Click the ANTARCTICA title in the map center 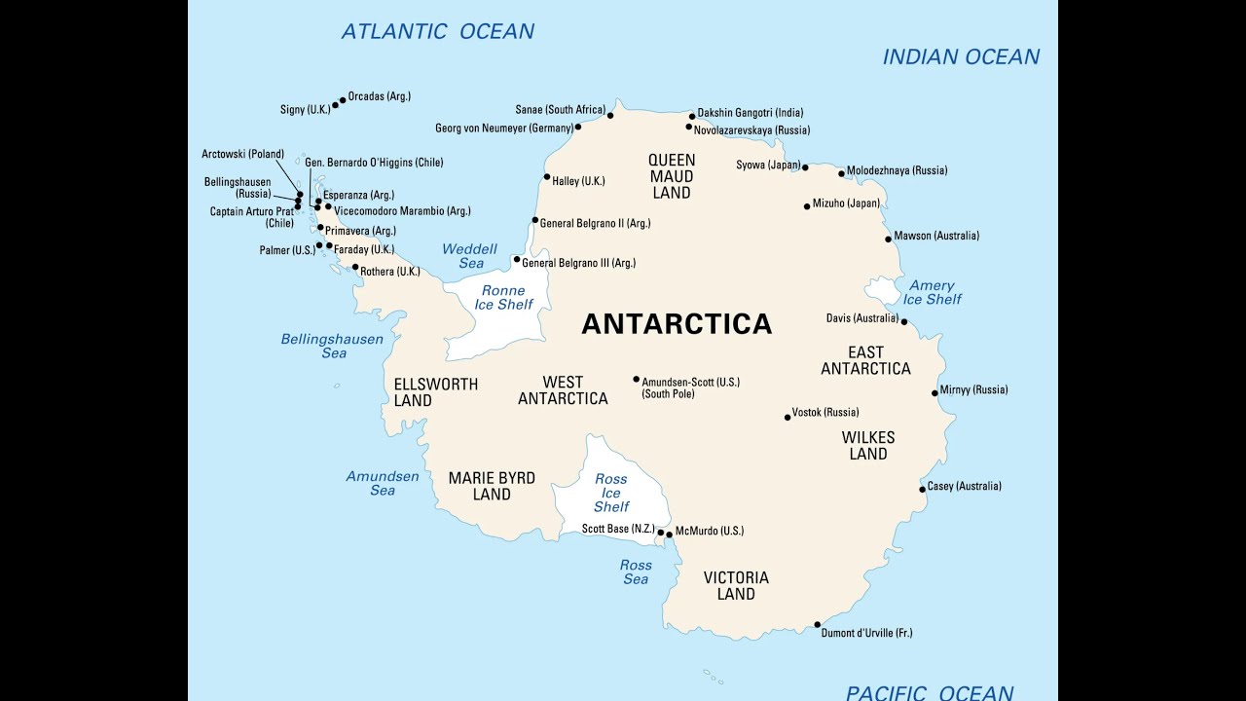[677, 324]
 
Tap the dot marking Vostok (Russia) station [788, 417]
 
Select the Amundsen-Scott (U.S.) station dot [637, 380]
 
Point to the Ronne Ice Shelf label [502, 298]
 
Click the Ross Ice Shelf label [611, 493]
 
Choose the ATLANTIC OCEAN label [437, 31]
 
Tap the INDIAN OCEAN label [961, 56]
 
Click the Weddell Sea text [469, 256]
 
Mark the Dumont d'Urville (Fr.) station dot [817, 624]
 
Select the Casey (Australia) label [964, 486]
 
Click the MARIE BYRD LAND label [492, 486]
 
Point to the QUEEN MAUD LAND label [672, 176]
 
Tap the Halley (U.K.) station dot [547, 177]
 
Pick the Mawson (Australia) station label [936, 236]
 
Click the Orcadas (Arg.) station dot [343, 99]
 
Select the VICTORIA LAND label [736, 585]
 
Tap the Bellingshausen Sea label [332, 346]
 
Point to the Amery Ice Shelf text [932, 292]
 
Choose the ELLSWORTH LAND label [435, 391]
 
